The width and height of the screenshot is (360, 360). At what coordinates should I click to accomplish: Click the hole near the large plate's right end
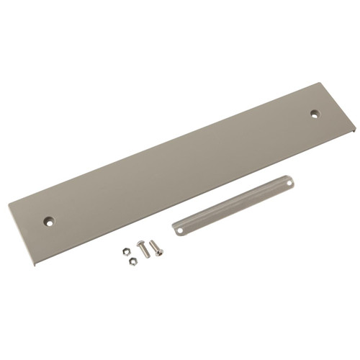pos(315,113)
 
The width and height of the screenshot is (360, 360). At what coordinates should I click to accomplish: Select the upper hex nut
pos(125,251)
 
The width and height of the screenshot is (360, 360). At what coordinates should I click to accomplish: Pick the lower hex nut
pos(132,261)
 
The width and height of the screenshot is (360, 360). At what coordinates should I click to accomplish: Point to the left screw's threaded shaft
pos(144,251)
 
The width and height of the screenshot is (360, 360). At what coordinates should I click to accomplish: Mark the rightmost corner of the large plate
pos(355,130)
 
